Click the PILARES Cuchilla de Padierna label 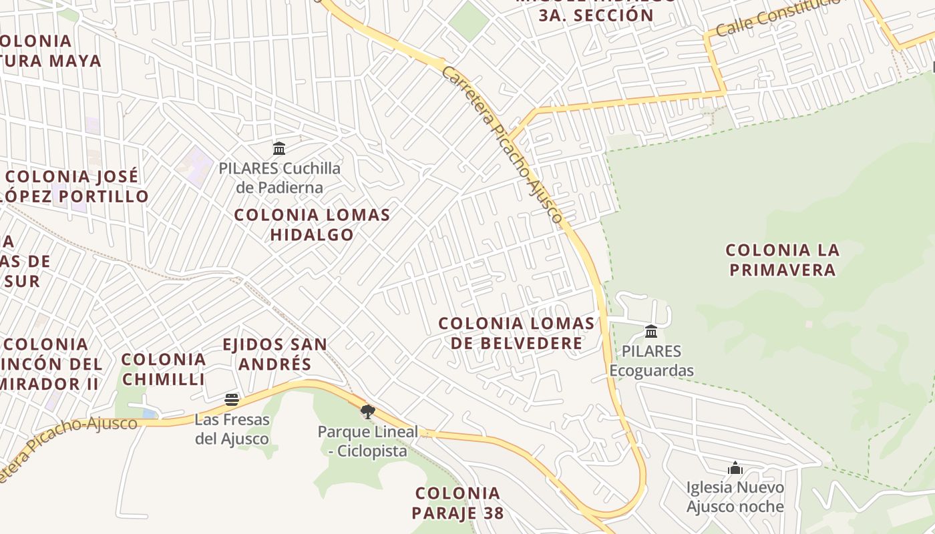[280, 178]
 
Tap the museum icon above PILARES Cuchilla [279, 148]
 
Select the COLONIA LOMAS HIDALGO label [312, 225]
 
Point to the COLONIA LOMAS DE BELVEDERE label [516, 333]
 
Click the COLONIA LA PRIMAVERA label [782, 260]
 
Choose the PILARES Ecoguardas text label [651, 360]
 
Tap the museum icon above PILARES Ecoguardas [651, 331]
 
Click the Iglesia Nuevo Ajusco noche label [735, 497]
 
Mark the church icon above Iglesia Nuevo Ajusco [735, 468]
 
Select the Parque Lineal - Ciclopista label [367, 441]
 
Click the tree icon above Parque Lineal [367, 411]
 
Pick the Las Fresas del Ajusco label [232, 429]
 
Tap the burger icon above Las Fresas [232, 400]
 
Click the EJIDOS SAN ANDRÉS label [274, 354]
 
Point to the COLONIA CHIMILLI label [164, 369]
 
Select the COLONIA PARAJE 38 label [457, 503]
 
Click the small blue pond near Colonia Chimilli [149, 414]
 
